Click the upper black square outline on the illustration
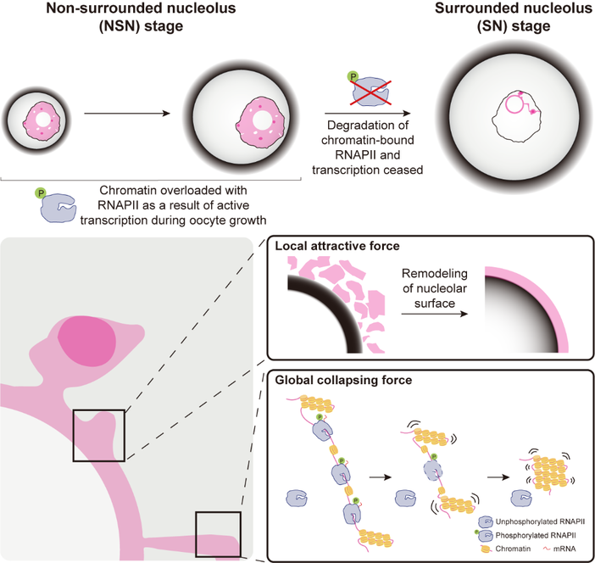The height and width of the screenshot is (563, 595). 98,435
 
